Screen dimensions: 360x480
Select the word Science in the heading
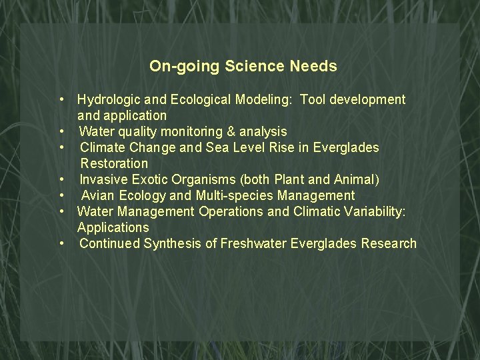click(x=255, y=66)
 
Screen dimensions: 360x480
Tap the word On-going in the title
click(x=185, y=66)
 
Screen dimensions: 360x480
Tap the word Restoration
click(x=114, y=163)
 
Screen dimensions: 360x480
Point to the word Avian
click(x=99, y=195)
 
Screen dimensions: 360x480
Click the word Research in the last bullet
click(x=389, y=243)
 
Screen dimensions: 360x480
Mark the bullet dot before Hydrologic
click(x=61, y=99)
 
